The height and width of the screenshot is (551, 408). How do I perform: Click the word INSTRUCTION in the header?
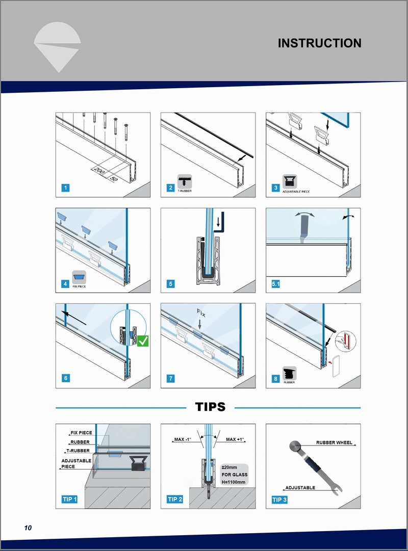point(319,43)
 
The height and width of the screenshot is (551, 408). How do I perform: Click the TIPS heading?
point(210,407)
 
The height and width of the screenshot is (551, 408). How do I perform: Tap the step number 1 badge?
point(66,188)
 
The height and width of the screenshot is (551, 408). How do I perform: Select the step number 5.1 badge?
point(276,283)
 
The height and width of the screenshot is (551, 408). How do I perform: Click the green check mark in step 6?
point(144,341)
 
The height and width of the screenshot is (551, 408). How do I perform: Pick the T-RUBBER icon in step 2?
point(184,180)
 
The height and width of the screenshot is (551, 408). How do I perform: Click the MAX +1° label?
point(236,439)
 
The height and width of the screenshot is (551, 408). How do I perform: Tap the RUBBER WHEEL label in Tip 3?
point(334,443)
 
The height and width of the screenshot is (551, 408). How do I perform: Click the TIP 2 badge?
point(175,499)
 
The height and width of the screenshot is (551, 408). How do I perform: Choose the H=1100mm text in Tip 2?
point(234,482)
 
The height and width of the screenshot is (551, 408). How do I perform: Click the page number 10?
point(28,528)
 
